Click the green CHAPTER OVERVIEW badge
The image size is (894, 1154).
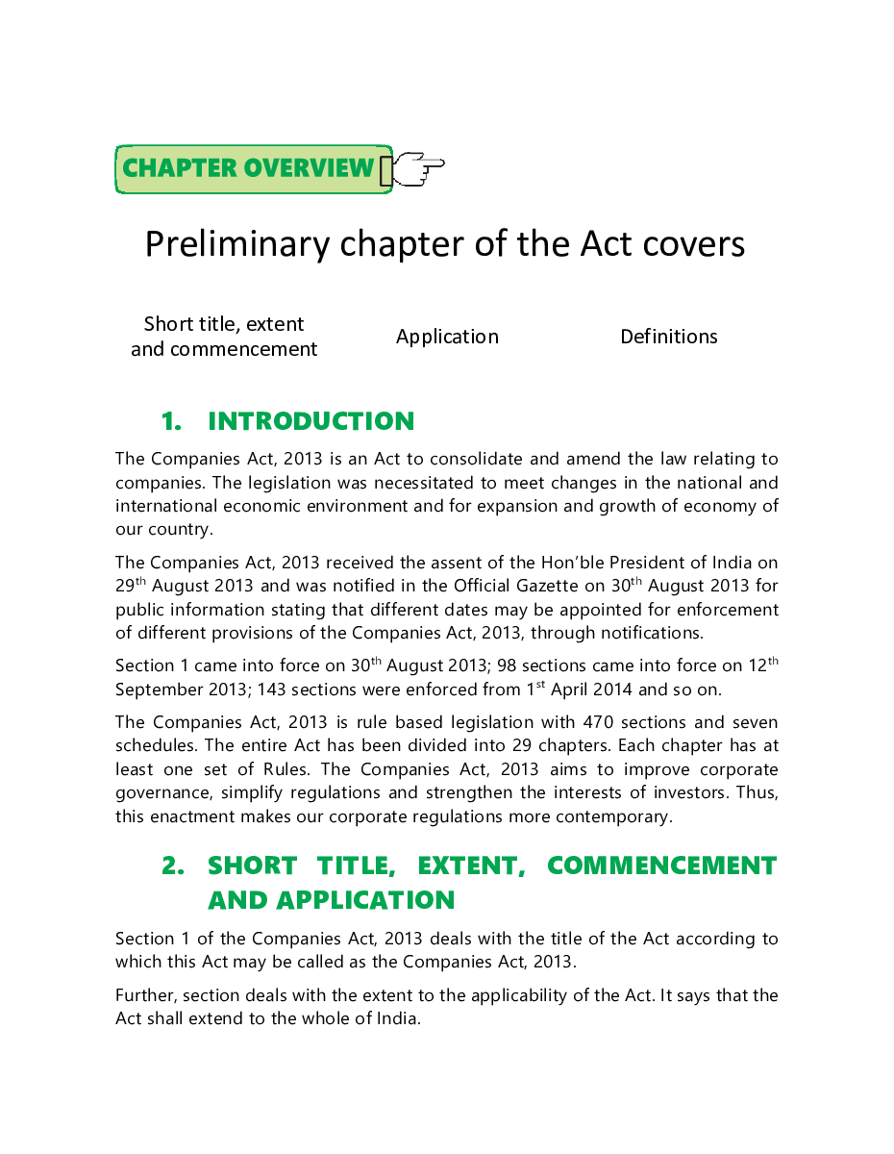point(248,168)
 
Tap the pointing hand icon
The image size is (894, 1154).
point(415,169)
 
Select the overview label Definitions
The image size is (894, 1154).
point(669,337)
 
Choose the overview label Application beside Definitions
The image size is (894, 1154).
point(447,337)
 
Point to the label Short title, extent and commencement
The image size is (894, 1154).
point(224,337)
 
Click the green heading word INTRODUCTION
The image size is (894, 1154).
point(310,421)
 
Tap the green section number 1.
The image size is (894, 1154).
point(171,421)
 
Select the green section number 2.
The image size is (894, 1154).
point(172,865)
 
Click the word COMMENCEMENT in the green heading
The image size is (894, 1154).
point(661,865)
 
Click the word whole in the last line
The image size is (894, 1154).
point(297,1018)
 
